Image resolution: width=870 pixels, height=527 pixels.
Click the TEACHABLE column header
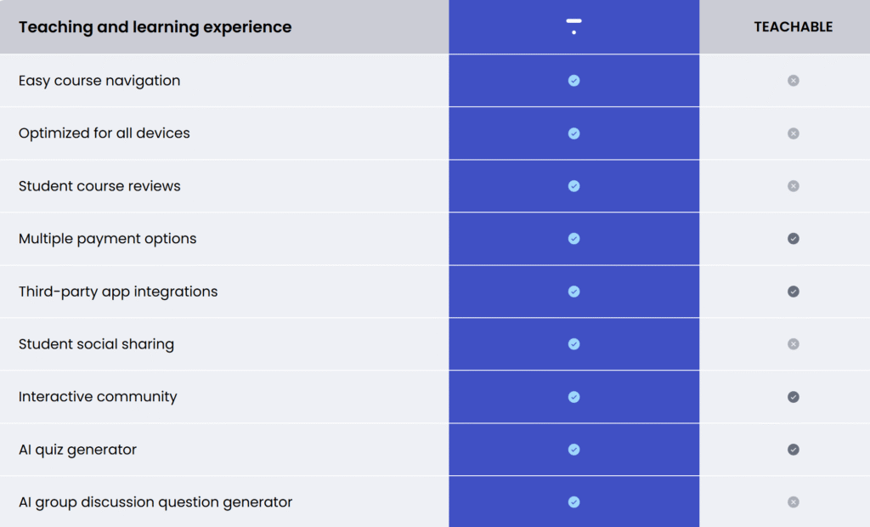click(x=793, y=26)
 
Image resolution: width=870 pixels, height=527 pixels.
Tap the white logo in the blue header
click(x=573, y=26)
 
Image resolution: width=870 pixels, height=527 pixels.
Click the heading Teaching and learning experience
click(x=155, y=26)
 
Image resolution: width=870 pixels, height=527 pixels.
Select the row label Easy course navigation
click(x=99, y=81)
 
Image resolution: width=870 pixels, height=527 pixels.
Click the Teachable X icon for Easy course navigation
click(x=794, y=81)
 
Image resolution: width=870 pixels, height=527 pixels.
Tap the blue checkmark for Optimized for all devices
click(x=573, y=133)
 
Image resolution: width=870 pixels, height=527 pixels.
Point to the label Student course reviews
click(x=99, y=186)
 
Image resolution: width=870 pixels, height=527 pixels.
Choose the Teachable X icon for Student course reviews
click(x=794, y=186)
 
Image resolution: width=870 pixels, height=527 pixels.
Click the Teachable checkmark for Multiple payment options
click(x=794, y=239)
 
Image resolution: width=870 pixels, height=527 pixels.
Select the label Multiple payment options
click(x=107, y=239)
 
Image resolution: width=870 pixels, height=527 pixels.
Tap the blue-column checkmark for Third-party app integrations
click(x=573, y=292)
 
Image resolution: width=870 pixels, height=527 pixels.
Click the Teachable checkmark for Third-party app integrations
click(x=794, y=292)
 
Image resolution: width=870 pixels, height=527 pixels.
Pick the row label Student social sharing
click(x=96, y=344)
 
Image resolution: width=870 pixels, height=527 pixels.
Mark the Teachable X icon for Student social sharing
click(x=794, y=344)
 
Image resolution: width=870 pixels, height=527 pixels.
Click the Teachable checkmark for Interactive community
click(x=794, y=397)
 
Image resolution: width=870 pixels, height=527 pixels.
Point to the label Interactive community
click(x=98, y=397)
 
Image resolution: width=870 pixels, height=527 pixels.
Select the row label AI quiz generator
click(x=77, y=450)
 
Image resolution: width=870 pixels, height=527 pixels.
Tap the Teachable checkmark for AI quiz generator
click(x=794, y=450)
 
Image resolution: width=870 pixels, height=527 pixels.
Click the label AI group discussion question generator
click(x=155, y=502)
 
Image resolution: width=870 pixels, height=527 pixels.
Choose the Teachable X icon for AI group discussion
click(x=794, y=502)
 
